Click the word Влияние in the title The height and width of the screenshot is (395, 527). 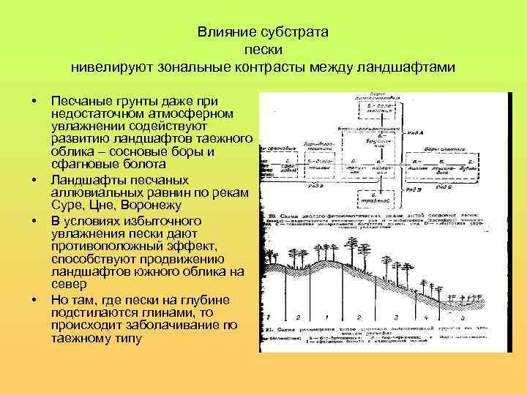(222, 34)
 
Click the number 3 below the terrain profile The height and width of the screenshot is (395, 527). (395, 317)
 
